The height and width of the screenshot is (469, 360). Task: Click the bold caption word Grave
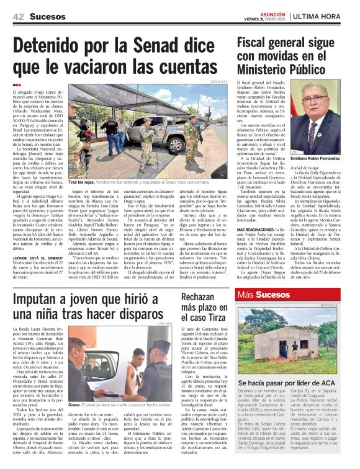(x=76, y=404)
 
